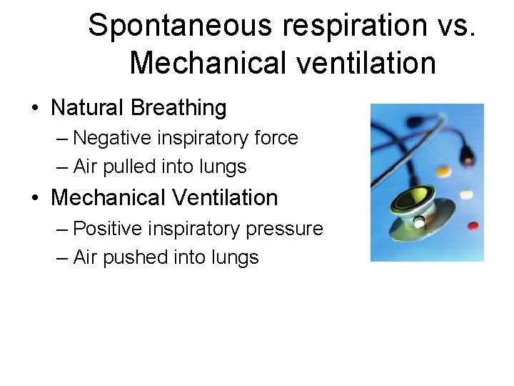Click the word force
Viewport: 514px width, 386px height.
276,137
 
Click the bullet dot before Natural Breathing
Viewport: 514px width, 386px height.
35,109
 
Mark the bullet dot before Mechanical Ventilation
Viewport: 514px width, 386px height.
35,198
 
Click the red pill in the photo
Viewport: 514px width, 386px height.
473,226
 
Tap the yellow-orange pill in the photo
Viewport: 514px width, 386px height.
443,172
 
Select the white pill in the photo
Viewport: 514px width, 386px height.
466,194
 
